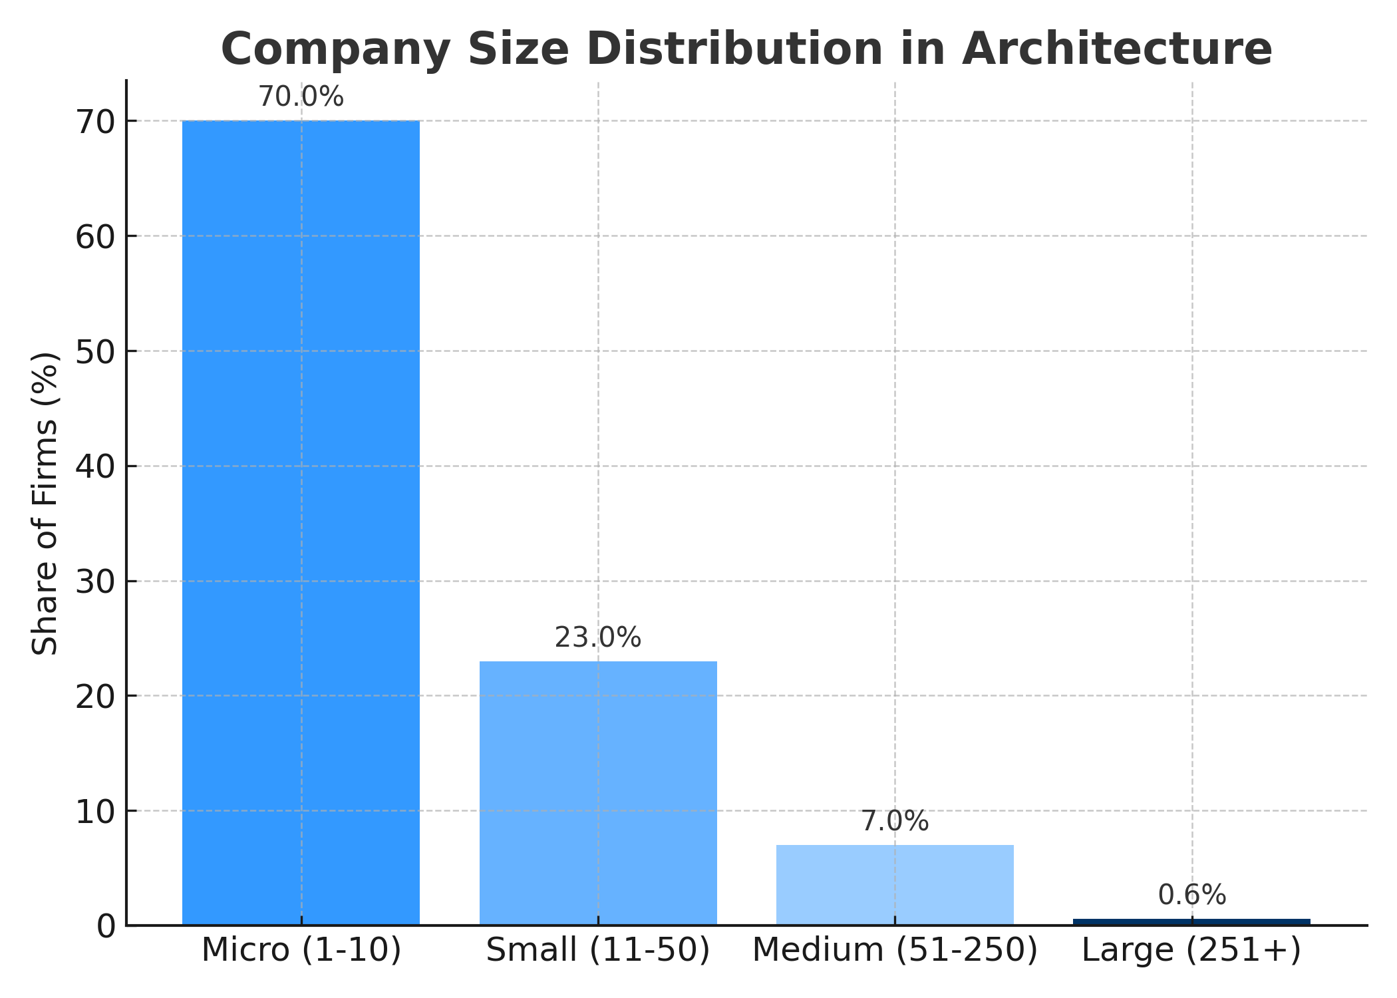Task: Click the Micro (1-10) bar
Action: tap(301, 522)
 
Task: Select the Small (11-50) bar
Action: tap(598, 792)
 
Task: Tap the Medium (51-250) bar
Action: tap(895, 884)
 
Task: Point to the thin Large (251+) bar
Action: tap(1191, 921)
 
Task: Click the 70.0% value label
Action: tap(301, 98)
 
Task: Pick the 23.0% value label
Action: tap(598, 638)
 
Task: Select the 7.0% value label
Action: tap(895, 822)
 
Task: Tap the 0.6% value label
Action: tap(1191, 896)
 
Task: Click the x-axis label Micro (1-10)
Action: tap(301, 950)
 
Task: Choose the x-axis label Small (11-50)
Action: tap(598, 950)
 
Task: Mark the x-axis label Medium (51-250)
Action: tap(895, 950)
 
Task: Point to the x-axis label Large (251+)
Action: tap(1191, 950)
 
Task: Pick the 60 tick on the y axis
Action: tap(95, 237)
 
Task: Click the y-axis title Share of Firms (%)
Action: tap(45, 504)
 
